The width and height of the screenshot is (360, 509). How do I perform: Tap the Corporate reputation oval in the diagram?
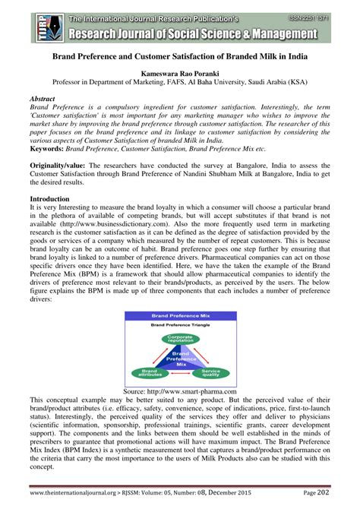pyautogui.click(x=180, y=340)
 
